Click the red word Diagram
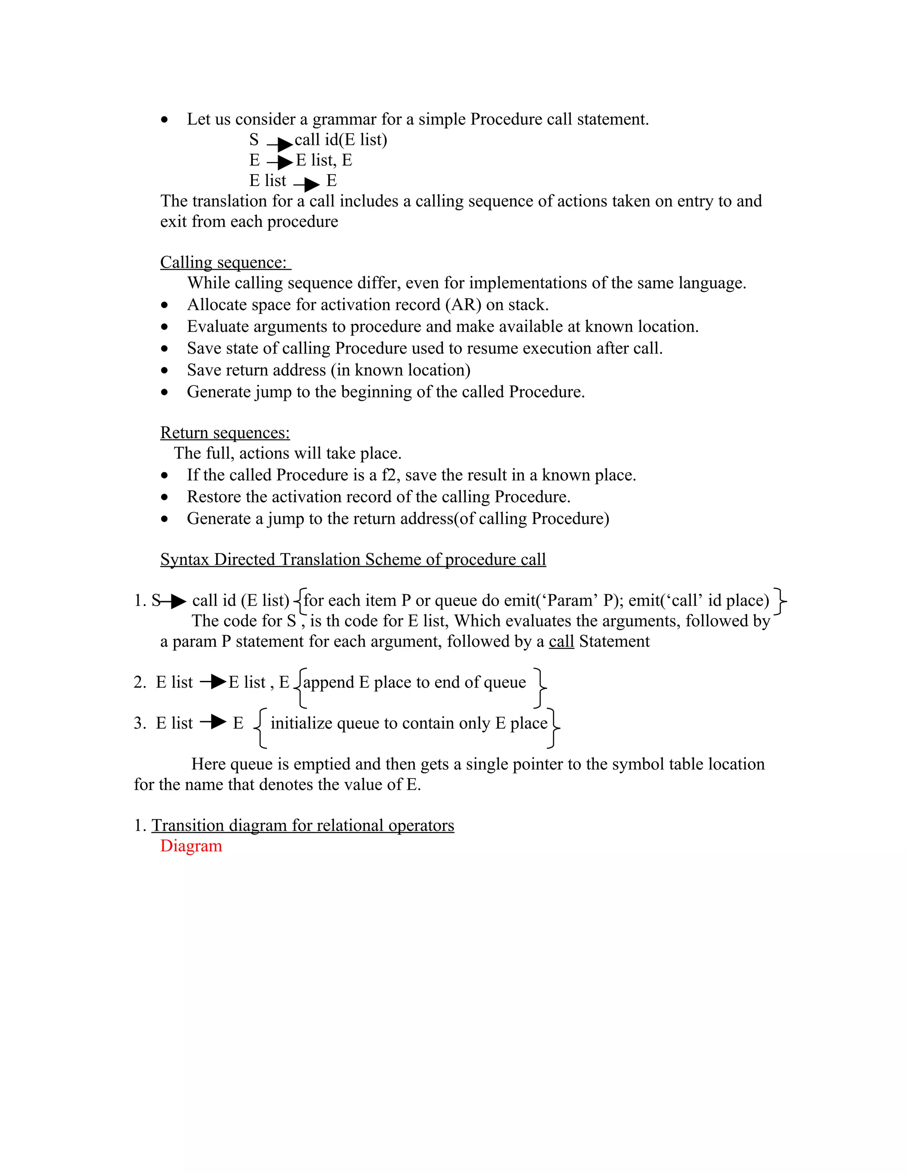tap(191, 846)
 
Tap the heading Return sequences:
tap(225, 433)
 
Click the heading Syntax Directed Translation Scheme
tap(353, 560)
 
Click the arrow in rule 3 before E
tap(213, 723)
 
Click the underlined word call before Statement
tap(562, 641)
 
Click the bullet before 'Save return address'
tap(164, 371)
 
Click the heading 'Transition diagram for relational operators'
tap(302, 826)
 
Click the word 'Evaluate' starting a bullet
tap(217, 327)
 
